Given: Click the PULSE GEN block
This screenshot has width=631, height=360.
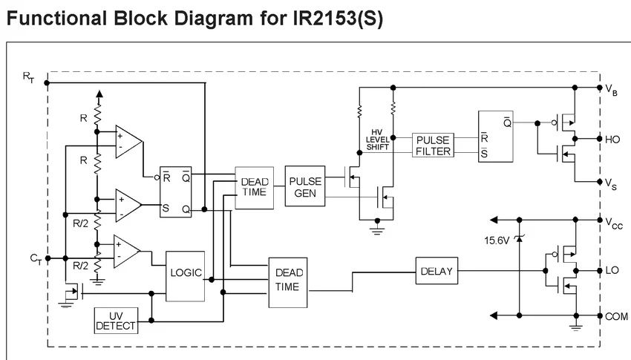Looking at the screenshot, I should tap(306, 186).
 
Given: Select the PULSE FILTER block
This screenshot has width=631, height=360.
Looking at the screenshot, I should tap(433, 145).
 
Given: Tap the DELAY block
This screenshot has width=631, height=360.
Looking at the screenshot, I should tap(436, 271).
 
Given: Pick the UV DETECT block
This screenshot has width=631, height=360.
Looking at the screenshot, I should tap(116, 321).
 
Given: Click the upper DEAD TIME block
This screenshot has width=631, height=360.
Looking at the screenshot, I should tap(255, 188).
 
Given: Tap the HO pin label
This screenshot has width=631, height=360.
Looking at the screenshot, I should tap(614, 139).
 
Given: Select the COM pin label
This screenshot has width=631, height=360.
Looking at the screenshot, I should tap(616, 315).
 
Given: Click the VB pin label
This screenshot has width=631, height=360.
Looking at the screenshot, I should tap(612, 90).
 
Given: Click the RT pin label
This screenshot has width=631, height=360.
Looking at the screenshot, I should tap(28, 76).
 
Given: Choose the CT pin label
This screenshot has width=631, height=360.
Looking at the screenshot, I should tap(35, 258).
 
